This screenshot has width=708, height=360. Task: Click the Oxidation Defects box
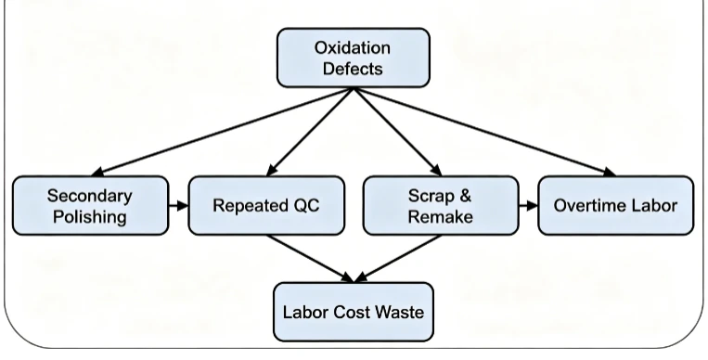pyautogui.click(x=354, y=58)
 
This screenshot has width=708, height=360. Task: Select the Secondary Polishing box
pyautogui.click(x=90, y=206)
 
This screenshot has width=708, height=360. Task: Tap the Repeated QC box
pyautogui.click(x=266, y=206)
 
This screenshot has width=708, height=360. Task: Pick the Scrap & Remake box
pyautogui.click(x=441, y=206)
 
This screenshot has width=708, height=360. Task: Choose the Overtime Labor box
pyautogui.click(x=616, y=206)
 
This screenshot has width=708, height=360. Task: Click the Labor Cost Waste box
pyautogui.click(x=354, y=312)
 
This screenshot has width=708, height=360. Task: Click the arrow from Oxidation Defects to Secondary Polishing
pyautogui.click(x=222, y=132)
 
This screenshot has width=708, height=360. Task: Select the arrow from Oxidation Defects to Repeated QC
pyautogui.click(x=310, y=132)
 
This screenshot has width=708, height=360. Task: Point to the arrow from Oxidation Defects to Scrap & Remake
pyautogui.click(x=398, y=132)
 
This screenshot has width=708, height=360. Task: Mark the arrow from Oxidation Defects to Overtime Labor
pyautogui.click(x=485, y=132)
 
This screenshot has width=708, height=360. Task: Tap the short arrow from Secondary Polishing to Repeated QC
pyautogui.click(x=178, y=206)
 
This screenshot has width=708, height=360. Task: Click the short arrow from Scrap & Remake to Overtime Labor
pyautogui.click(x=528, y=206)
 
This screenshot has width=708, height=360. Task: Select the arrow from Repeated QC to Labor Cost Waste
pyautogui.click(x=310, y=259)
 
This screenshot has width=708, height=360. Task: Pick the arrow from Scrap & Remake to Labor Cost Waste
pyautogui.click(x=398, y=259)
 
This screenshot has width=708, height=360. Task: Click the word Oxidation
pyautogui.click(x=353, y=48)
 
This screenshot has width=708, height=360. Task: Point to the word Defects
pyautogui.click(x=354, y=69)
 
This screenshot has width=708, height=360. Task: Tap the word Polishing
pyautogui.click(x=89, y=217)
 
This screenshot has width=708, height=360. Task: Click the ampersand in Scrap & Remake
pyautogui.click(x=466, y=196)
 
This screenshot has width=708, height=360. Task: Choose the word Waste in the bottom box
pyautogui.click(x=400, y=312)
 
